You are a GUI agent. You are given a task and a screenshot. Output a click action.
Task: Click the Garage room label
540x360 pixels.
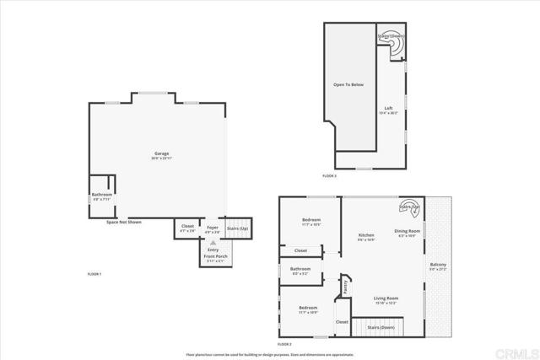[162, 154]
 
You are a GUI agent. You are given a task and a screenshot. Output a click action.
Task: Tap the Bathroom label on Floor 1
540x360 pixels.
[102, 195]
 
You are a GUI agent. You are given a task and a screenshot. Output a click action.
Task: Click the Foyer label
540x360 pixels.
[213, 225]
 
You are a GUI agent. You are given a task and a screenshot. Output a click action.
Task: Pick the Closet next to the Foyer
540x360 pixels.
[187, 225]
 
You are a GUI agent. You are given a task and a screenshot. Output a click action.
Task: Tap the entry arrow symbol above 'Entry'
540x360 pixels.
[213, 240]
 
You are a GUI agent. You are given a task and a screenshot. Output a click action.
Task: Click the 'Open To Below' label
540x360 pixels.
[355, 85]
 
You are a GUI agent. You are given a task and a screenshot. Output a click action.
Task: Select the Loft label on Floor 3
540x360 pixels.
[389, 108]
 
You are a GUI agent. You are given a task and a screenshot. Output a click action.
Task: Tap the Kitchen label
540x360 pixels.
[366, 235]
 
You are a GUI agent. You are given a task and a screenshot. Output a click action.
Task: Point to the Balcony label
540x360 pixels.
[437, 264]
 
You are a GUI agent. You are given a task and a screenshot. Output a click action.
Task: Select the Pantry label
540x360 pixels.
[347, 287]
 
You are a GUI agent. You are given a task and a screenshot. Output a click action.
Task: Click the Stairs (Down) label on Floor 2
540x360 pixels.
[379, 325]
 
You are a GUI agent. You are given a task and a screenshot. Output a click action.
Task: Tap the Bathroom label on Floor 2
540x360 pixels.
[301, 269]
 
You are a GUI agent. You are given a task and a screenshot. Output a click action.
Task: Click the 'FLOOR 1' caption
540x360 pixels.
[94, 275]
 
